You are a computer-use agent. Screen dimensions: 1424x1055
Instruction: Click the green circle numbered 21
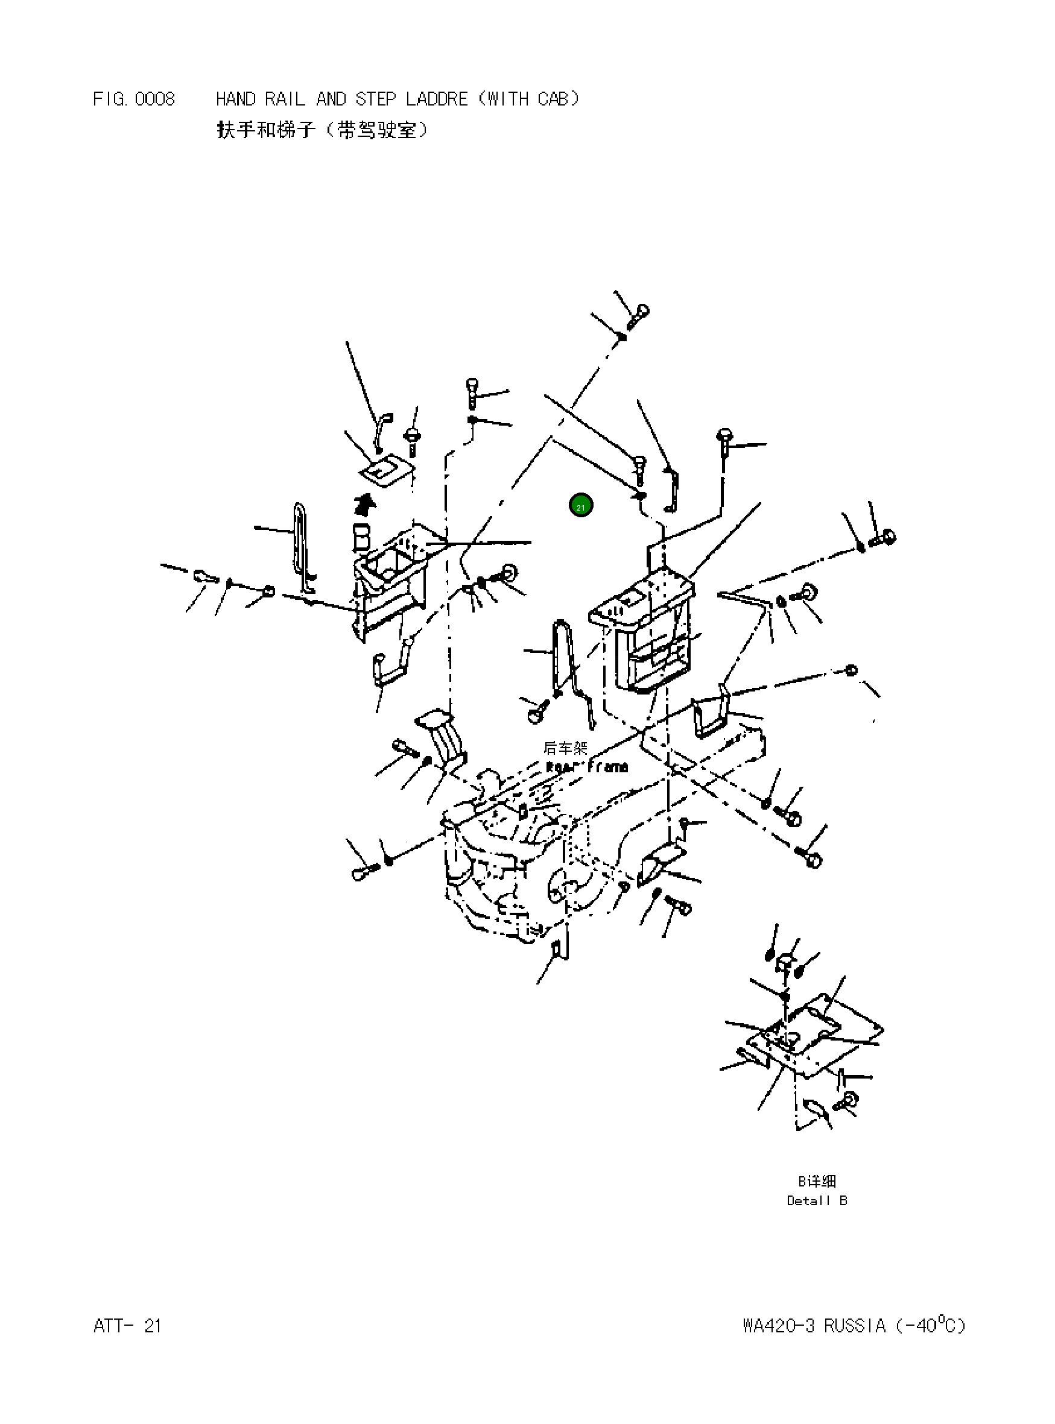(x=580, y=506)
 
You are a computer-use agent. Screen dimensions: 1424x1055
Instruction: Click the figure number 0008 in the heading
(x=154, y=99)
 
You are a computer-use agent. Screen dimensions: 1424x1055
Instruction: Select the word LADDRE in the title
(x=437, y=99)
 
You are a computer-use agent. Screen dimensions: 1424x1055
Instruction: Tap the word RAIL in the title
(x=285, y=99)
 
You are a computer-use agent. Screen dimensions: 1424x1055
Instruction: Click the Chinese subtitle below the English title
(x=322, y=130)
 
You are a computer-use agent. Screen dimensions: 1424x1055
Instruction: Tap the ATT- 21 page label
(x=127, y=1326)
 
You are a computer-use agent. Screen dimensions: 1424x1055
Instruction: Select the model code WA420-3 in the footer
(x=779, y=1326)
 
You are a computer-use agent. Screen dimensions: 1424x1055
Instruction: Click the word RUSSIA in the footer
(x=855, y=1326)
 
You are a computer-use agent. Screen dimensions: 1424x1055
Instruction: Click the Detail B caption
(x=817, y=1200)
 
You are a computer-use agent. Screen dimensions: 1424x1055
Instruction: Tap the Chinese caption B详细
(x=817, y=1181)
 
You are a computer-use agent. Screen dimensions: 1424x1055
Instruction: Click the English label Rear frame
(x=587, y=767)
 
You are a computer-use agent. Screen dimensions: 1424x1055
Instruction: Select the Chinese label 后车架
(x=565, y=747)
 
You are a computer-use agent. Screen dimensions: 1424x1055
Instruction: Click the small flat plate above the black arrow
(x=387, y=471)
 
